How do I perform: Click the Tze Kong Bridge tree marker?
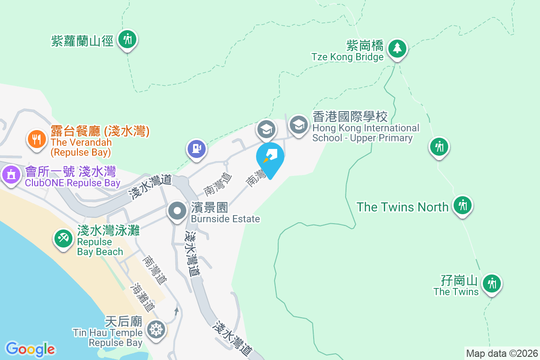coord(396,48)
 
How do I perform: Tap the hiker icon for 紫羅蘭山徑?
coord(127,39)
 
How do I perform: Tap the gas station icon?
coord(196,148)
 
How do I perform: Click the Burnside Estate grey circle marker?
coord(178,211)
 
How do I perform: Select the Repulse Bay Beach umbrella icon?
coord(63,238)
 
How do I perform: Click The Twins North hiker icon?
coord(462,206)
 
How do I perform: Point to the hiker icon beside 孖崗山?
coord(492,283)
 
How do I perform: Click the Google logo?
coord(30,349)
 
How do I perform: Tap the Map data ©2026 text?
coord(502,353)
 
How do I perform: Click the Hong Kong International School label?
coord(365,128)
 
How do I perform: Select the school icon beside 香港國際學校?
coord(298,125)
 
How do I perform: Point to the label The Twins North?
coord(402,207)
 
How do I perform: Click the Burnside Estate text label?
coord(225,219)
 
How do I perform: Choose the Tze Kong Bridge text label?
coord(347,57)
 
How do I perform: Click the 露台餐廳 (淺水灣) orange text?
coord(100,131)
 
